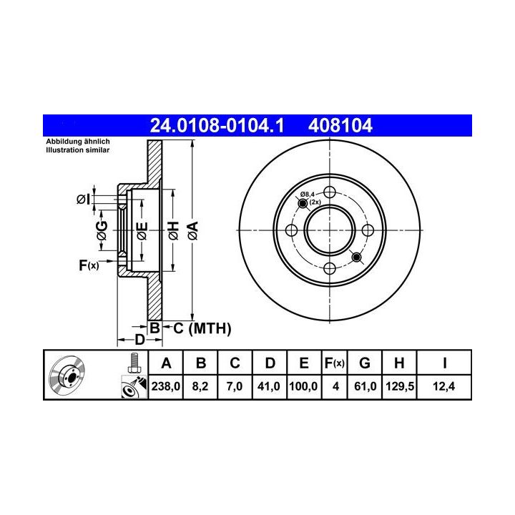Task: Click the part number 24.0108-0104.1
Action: [x=217, y=125]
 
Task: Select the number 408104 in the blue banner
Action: [x=340, y=125]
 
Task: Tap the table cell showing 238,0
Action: [x=166, y=386]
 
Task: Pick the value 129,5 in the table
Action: [x=400, y=386]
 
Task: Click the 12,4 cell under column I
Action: [x=443, y=386]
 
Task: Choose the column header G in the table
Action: [x=365, y=363]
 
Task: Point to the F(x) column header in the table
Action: [x=334, y=363]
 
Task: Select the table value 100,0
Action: [x=303, y=386]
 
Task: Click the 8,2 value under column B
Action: [x=200, y=386]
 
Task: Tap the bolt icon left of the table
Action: [x=133, y=363]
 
